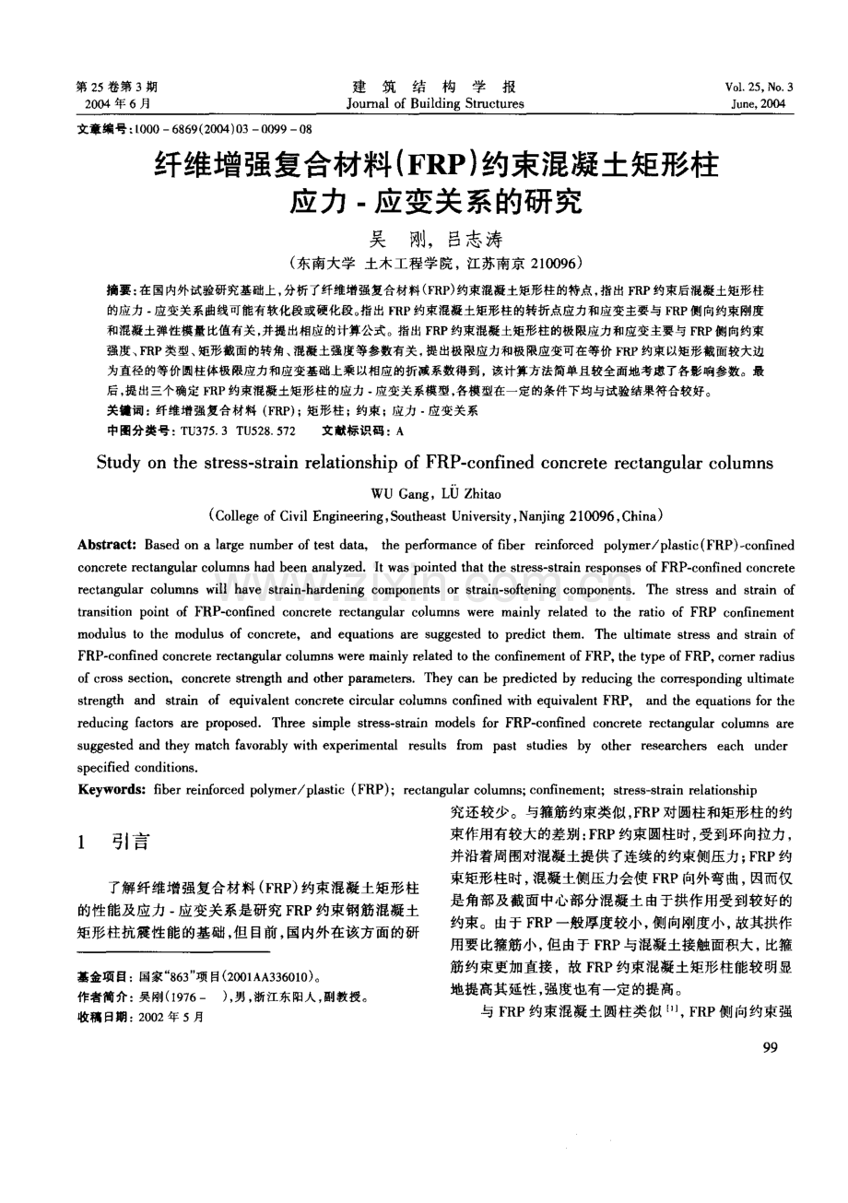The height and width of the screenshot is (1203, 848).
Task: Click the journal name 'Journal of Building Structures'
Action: (x=435, y=104)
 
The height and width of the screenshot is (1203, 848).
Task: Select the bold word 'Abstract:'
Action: (x=108, y=546)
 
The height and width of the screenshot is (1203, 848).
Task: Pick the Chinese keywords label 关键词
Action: (x=124, y=410)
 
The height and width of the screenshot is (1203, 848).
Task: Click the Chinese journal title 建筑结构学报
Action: (x=435, y=86)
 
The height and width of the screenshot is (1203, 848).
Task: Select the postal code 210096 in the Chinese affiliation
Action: (x=550, y=263)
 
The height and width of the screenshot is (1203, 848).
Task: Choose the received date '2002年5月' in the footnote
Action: (x=171, y=1017)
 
